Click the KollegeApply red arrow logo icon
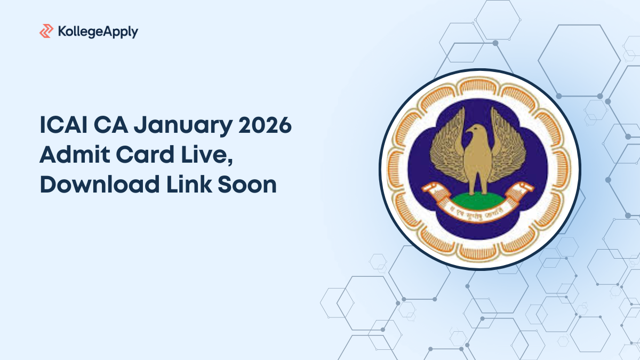click(x=46, y=31)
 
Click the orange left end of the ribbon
click(x=429, y=188)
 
